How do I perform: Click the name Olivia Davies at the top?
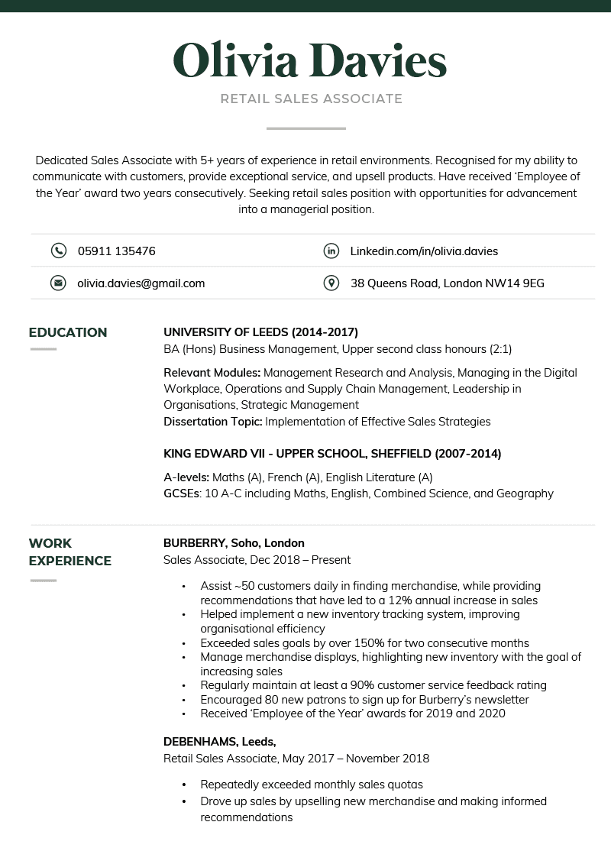point(309,60)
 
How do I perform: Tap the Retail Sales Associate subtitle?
point(311,99)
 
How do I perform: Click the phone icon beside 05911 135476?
point(58,251)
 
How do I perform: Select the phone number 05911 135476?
point(116,251)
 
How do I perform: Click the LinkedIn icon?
point(331,251)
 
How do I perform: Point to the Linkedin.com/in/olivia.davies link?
point(424,251)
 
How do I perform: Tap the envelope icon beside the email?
point(58,283)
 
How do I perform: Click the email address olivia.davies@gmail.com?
point(141,283)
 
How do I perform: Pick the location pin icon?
point(331,283)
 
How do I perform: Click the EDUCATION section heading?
point(68,332)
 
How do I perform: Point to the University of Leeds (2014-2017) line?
point(260,332)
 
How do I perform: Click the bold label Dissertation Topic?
point(212,422)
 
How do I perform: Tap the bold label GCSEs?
point(181,493)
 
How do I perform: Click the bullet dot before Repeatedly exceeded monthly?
point(184,785)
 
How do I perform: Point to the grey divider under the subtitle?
point(305,128)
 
